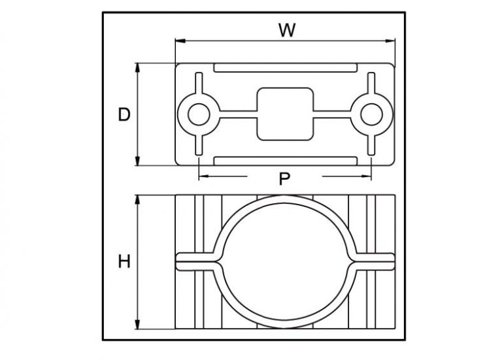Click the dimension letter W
[285, 29]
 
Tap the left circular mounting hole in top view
[197, 114]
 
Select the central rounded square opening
[285, 114]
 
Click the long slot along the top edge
[285, 68]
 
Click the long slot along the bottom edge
[285, 161]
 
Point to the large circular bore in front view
[285, 261]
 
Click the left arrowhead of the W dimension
[178, 41]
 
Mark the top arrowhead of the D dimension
[138, 67]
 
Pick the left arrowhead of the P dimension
[201, 176]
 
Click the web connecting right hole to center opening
[333, 114]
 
